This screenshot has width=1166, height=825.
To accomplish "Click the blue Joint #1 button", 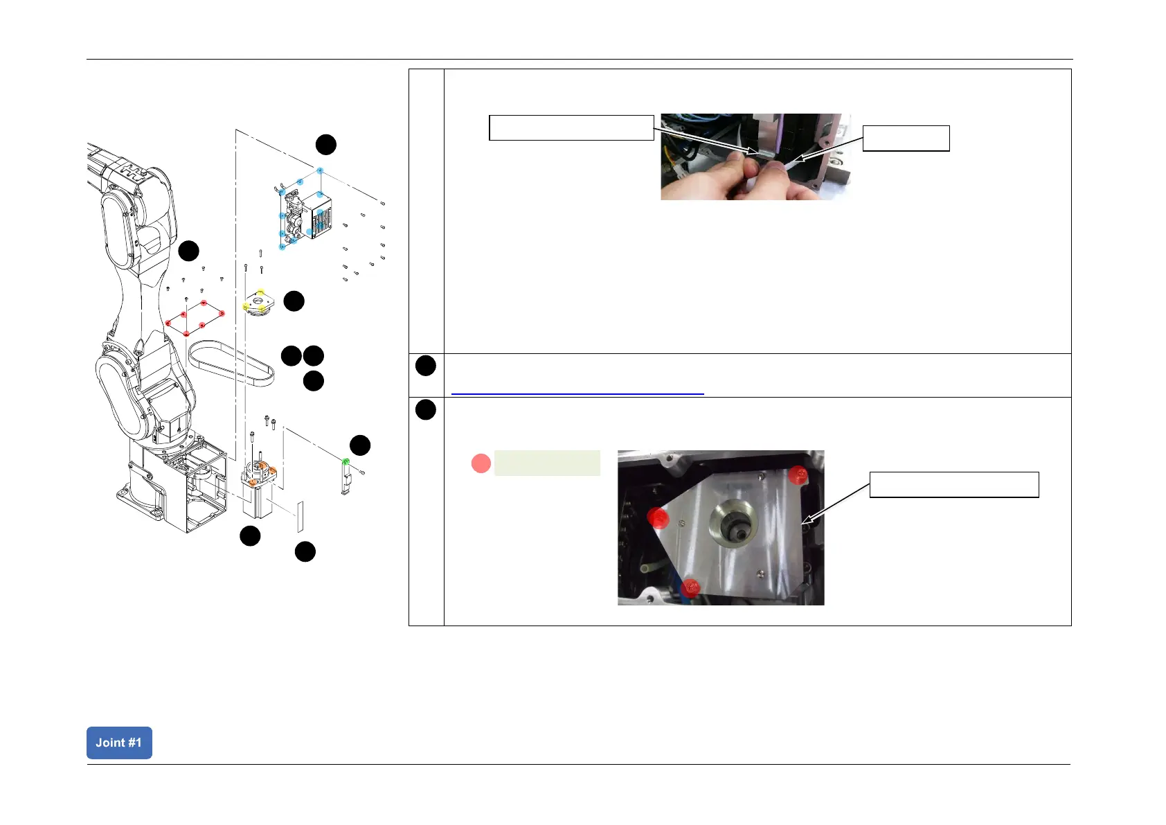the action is click(119, 743).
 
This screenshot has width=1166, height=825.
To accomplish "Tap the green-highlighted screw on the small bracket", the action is click(346, 461).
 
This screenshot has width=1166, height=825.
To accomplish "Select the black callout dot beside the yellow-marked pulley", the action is click(294, 301).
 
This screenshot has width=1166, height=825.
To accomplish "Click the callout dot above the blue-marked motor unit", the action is click(326, 145).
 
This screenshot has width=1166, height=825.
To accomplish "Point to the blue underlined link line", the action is click(577, 393).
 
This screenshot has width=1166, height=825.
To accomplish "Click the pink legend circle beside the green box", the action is click(481, 463).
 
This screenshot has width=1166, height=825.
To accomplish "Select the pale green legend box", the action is click(547, 463).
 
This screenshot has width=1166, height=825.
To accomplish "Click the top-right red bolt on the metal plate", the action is click(798, 475).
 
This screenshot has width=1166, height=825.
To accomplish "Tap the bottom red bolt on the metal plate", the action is click(690, 589).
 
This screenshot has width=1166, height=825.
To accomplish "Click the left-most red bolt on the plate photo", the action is click(658, 517).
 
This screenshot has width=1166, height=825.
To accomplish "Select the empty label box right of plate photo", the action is click(954, 485).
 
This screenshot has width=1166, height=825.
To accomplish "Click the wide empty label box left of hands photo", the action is click(571, 128).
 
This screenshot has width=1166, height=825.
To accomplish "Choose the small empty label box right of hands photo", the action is click(906, 139).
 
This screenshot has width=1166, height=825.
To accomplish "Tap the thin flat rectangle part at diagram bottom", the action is click(301, 517).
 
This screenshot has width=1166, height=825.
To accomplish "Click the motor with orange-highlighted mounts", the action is click(257, 492).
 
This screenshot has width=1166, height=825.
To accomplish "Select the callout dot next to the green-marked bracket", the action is click(360, 445).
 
